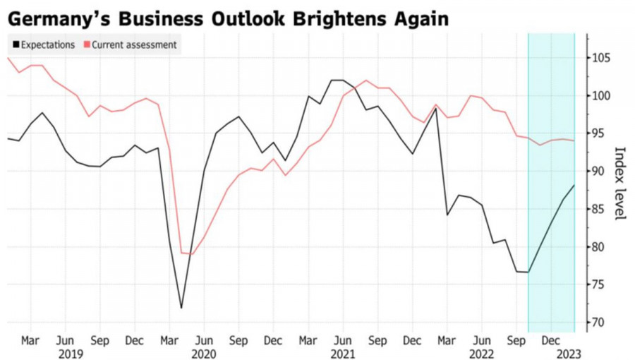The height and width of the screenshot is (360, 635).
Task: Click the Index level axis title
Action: [x=620, y=184]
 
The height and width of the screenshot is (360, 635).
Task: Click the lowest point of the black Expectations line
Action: [x=181, y=308]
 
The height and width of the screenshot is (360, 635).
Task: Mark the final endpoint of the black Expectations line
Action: [x=574, y=185]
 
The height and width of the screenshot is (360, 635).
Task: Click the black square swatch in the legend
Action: [x=15, y=45]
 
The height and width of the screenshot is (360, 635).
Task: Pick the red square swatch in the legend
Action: [x=87, y=45]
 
